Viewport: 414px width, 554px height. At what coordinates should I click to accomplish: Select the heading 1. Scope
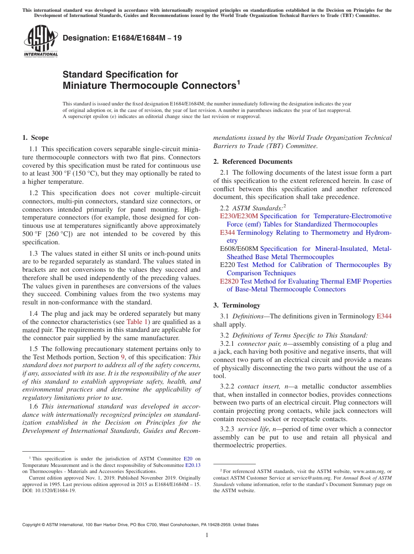pos(36,138)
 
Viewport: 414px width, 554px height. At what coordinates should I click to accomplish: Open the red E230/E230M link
pos(239,216)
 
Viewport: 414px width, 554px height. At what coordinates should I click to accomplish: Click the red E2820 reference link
pos(229,281)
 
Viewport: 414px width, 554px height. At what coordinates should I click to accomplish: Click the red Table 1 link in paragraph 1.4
pos(137,322)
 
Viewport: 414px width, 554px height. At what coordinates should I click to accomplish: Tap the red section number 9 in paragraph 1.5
pos(122,357)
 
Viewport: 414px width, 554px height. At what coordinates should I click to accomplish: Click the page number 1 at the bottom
pos(207,535)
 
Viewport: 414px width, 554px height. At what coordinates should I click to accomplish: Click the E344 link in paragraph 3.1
pos(384,316)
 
